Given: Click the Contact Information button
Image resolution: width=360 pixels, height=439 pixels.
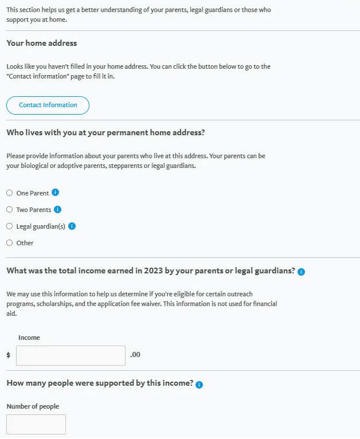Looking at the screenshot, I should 48,105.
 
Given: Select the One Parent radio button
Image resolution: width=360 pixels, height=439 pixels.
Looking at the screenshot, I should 9,193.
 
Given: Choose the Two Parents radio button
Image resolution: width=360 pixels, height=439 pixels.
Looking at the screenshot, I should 9,210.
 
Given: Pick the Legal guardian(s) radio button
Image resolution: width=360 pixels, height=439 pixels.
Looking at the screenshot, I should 9,226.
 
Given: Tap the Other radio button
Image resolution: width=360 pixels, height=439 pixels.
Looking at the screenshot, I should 9,243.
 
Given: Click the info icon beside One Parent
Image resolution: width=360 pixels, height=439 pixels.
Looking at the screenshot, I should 56,193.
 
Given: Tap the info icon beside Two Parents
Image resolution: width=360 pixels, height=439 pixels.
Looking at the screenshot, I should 57,209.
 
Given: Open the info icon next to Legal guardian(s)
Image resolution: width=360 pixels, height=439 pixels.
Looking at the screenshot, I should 72,226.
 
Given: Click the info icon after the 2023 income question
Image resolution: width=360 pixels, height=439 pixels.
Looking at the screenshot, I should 302,272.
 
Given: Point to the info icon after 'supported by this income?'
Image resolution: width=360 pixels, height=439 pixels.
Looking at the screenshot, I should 199,385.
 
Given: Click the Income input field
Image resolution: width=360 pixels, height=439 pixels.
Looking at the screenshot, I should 71,355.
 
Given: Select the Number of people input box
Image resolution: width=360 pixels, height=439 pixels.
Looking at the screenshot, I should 36,424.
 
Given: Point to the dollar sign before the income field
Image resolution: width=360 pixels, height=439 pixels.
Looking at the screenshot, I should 8,355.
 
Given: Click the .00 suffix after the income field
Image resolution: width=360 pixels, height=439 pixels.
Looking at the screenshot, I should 135,355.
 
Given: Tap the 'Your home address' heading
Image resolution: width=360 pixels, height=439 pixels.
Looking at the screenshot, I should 41,43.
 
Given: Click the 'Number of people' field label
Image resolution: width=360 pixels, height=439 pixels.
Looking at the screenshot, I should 33,406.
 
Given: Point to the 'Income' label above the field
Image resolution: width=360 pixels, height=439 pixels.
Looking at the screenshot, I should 29,338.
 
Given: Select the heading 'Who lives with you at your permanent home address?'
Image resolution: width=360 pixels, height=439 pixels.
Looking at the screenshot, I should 105,132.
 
